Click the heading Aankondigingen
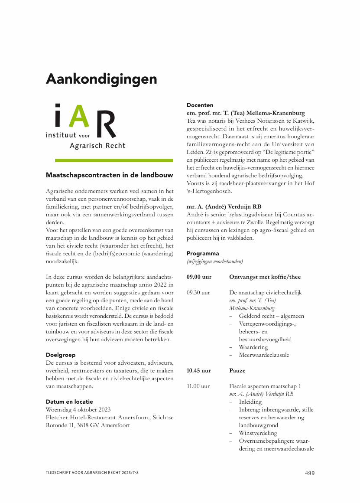[x=101, y=79]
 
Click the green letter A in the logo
[x=80, y=116]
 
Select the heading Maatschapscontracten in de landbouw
[x=110, y=175]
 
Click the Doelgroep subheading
[x=61, y=355]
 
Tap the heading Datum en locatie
[x=69, y=402]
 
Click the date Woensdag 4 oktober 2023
[x=78, y=409]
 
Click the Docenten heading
[x=200, y=105]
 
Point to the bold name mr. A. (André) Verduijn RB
[x=224, y=206]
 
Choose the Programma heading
[x=203, y=253]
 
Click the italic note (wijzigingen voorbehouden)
[x=215, y=261]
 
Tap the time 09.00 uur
[x=199, y=277]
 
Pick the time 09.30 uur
[x=198, y=293]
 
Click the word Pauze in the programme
[x=237, y=371]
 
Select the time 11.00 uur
[x=198, y=386]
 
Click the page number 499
[x=310, y=473]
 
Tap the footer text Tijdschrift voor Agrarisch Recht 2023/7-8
[x=92, y=473]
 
